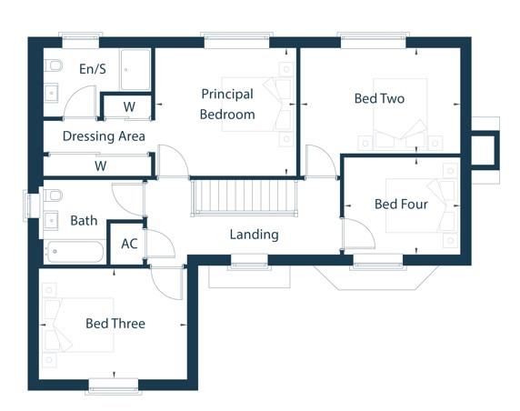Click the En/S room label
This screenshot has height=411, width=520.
point(93,69)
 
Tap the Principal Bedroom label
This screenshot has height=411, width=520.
point(227,105)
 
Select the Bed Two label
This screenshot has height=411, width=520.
point(379,98)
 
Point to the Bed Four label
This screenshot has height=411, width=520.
point(401,204)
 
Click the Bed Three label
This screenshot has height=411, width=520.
point(115,324)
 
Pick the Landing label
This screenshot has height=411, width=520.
point(255,235)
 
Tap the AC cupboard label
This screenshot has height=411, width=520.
point(129,244)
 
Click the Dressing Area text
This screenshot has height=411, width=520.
point(104,136)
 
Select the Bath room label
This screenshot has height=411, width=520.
point(84,221)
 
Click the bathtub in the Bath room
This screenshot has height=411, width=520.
point(75,252)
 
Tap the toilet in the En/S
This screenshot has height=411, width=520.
point(53,65)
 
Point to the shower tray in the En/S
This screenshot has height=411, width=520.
point(135,70)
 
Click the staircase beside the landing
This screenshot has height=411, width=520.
point(244,197)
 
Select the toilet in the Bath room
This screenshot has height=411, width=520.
point(53,195)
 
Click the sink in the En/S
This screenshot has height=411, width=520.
point(51,94)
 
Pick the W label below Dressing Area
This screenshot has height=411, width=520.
point(101,165)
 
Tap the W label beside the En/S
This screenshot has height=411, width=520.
point(129,106)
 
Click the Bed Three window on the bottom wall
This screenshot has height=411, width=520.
point(114,387)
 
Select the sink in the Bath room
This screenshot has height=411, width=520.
point(51,220)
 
